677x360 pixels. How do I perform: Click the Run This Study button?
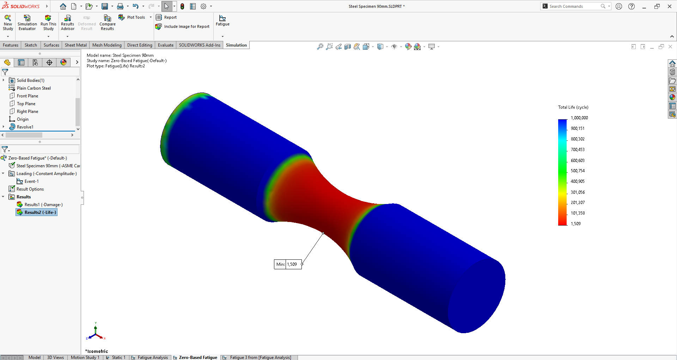pos(48,22)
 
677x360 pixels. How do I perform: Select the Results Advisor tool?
pos(68,22)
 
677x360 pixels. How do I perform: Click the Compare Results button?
pos(107,22)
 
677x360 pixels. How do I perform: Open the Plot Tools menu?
pos(136,17)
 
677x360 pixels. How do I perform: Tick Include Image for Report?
pos(187,26)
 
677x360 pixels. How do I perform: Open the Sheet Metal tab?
pos(75,45)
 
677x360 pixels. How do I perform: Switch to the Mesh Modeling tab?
pos(107,45)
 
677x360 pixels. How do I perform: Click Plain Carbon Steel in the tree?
pos(33,88)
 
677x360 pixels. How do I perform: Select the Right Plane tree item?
pos(27,112)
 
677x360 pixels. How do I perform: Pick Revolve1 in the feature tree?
pos(25,127)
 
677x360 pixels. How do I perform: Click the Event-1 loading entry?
pos(31,181)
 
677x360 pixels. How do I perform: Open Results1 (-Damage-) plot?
pos(43,205)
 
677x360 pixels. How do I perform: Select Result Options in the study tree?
pos(30,189)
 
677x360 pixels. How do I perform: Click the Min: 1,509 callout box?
pos(288,264)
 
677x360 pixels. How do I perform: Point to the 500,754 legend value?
pos(578,171)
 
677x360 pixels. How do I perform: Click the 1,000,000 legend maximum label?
pos(579,118)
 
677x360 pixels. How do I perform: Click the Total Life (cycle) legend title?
pos(573,107)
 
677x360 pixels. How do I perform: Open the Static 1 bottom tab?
pos(118,358)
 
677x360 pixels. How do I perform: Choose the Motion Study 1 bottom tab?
pos(85,358)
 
